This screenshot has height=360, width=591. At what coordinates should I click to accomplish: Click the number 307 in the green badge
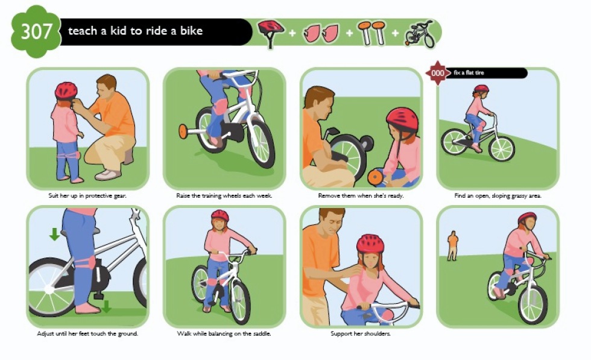point(36,32)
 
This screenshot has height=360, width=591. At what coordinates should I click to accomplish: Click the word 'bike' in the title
point(191,31)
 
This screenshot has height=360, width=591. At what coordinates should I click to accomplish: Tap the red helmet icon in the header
point(271,33)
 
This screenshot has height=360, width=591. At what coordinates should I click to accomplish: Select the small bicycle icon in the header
point(420,34)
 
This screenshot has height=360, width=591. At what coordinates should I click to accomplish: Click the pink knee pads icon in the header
point(321,33)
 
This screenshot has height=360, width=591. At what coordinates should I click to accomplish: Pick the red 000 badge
point(437,73)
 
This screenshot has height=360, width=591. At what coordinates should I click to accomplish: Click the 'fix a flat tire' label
point(469,73)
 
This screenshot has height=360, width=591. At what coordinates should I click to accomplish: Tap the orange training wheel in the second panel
point(183,131)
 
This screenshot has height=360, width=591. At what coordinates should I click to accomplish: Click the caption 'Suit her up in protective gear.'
point(87,195)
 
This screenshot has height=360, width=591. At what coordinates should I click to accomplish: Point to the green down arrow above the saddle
point(55,234)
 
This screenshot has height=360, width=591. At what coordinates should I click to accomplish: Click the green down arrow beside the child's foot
point(106,306)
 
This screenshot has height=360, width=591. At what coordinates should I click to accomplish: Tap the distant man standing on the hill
point(452,246)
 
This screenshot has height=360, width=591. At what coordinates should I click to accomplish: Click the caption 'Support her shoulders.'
point(361,333)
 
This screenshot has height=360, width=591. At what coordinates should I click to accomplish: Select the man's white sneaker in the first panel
point(107,174)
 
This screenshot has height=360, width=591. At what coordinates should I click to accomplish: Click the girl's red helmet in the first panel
point(66,91)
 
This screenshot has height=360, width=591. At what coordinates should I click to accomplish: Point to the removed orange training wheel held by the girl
point(375,178)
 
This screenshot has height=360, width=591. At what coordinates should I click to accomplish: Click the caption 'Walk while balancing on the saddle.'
point(224,333)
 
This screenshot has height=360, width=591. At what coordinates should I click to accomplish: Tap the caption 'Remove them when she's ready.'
point(361,195)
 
